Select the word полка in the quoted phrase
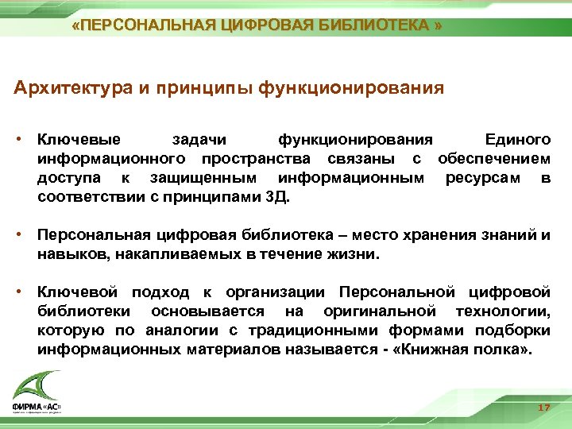point(501,348)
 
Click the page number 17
point(544,407)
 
